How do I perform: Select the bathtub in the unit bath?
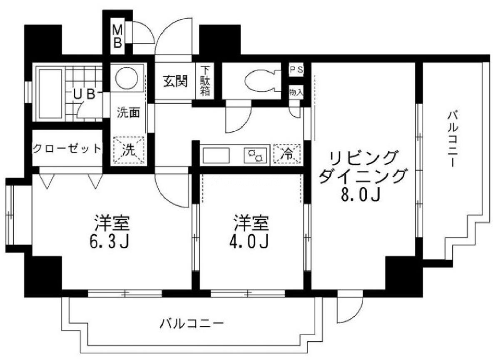tap(50, 93)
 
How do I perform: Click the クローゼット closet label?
tap(67, 148)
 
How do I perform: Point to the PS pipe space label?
tap(296, 70)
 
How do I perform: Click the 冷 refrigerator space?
tap(287, 154)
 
